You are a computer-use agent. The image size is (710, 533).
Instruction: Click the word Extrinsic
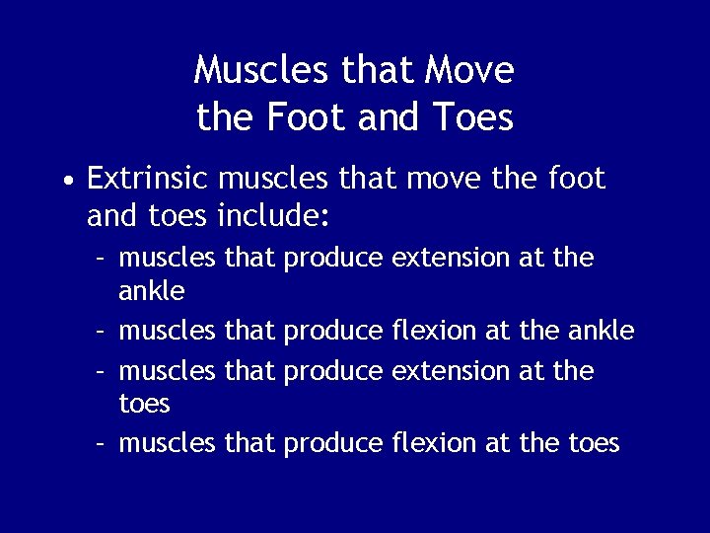point(147,179)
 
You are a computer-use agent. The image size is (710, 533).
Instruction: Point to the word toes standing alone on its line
point(145,404)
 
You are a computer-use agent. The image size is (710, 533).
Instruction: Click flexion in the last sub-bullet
point(434,443)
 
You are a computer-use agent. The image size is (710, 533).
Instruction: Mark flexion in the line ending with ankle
point(434,331)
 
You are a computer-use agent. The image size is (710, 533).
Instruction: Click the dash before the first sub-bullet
point(102,259)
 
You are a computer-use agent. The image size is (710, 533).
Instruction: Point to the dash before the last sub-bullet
point(102,444)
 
